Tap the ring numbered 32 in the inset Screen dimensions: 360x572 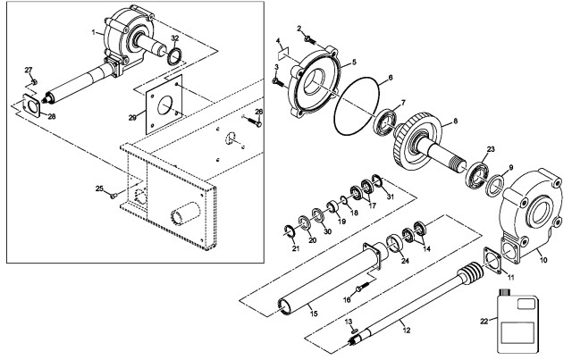[x=175, y=59]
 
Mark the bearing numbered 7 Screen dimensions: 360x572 [x=390, y=121]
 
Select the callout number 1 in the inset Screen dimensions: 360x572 [x=93, y=32]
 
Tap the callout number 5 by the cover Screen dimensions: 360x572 [x=354, y=62]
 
